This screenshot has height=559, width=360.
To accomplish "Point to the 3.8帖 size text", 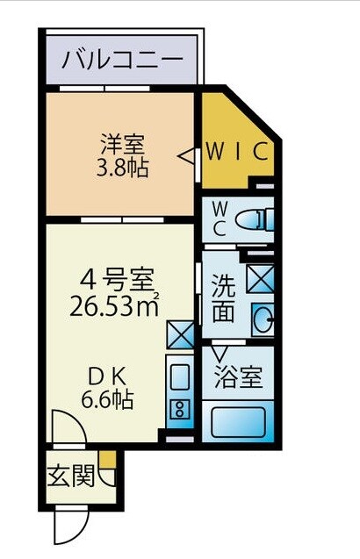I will tap(121, 167).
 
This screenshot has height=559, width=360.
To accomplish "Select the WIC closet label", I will tap(236, 150).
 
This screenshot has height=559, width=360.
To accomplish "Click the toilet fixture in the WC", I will tap(256, 216).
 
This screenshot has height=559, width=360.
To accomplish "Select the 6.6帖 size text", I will tap(108, 401).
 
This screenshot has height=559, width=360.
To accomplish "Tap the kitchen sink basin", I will tap(179, 378).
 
